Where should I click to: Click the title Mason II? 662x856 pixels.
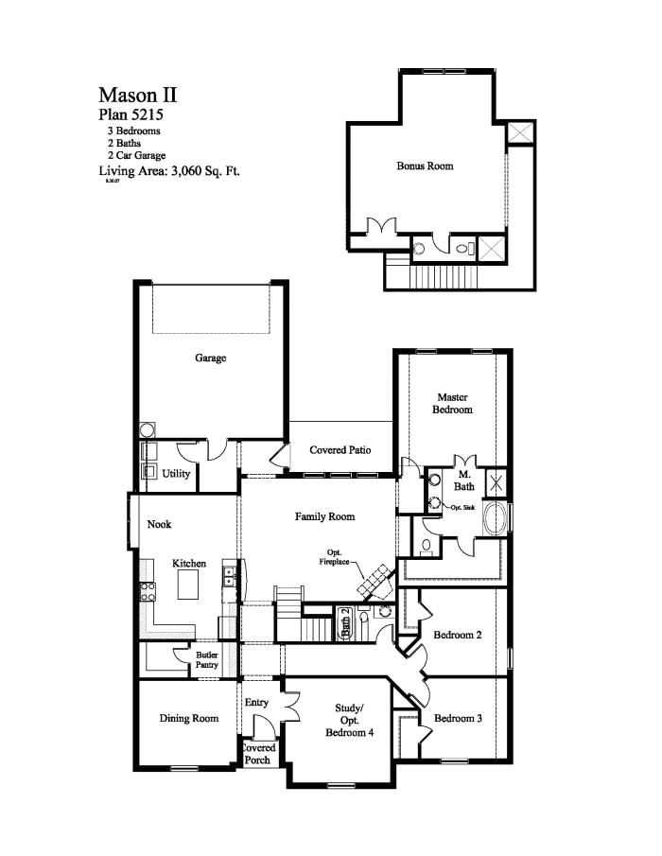(x=137, y=95)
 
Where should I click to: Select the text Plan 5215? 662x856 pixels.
(x=131, y=114)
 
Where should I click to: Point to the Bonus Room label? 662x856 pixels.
(x=425, y=166)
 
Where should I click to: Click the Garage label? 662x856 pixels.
(x=210, y=358)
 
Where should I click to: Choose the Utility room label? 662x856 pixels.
(x=175, y=473)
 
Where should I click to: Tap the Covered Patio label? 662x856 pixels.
(x=340, y=450)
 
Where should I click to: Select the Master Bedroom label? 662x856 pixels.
(x=453, y=403)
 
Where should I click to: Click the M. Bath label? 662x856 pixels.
(x=464, y=480)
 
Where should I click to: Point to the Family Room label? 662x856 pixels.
(x=324, y=516)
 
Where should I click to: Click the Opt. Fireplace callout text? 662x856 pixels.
(x=336, y=557)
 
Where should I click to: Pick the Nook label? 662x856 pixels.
(x=158, y=525)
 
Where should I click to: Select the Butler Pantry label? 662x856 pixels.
(x=207, y=659)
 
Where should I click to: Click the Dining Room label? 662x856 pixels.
(x=188, y=718)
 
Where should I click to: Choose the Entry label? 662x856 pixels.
(x=256, y=703)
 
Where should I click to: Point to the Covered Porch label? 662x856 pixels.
(x=257, y=754)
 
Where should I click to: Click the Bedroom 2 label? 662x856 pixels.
(x=458, y=635)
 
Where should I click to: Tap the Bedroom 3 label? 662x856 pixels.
(x=458, y=718)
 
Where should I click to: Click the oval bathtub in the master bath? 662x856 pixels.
(x=495, y=519)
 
